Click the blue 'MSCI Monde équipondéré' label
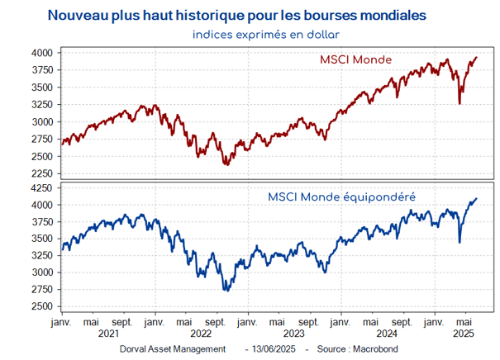pos(340,197)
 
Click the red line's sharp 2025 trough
pos(460,103)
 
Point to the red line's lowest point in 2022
pos(226,165)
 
